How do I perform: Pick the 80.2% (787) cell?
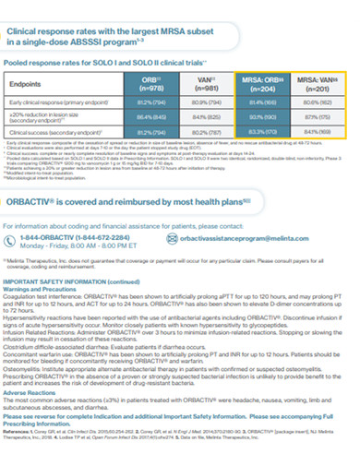click(204, 131)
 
